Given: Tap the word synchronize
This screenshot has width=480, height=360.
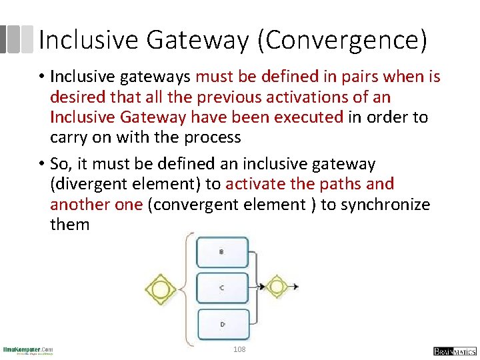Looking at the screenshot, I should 385,203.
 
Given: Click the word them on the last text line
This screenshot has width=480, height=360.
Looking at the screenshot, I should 69,223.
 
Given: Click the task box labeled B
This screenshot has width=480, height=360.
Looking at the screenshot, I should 222,253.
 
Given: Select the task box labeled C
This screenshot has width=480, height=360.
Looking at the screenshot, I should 222,288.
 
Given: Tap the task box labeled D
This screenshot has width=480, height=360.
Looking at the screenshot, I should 222,324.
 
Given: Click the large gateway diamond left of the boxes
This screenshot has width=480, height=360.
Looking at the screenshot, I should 160,288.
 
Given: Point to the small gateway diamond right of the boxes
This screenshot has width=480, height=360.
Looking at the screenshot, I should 276,287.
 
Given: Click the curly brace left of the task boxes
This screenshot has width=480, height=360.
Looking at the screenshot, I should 186,288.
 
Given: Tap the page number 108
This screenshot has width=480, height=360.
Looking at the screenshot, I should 239,349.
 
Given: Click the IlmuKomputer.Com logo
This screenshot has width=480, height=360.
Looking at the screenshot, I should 28,350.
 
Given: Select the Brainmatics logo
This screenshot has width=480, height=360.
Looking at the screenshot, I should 454,351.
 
